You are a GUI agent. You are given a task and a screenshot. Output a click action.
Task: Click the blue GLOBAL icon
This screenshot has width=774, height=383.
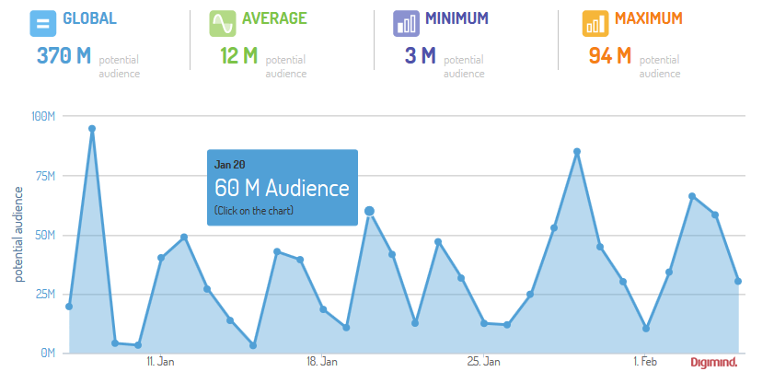[x=43, y=23]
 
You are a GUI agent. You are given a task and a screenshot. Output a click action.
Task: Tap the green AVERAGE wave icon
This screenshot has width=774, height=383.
[x=222, y=23]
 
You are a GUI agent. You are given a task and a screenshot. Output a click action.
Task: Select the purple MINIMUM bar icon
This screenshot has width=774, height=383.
[x=406, y=23]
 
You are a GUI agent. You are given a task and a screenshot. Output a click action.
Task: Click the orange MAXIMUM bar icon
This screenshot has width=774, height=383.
[x=595, y=23]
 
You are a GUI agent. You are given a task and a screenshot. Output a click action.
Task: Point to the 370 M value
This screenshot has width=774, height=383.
[x=64, y=56]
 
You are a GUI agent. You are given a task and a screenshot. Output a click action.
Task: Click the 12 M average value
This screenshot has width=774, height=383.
[x=239, y=56]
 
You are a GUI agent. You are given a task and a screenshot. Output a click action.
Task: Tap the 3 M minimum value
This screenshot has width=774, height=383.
[x=420, y=56]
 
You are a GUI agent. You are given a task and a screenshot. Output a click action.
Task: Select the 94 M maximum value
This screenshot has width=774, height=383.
[x=609, y=56]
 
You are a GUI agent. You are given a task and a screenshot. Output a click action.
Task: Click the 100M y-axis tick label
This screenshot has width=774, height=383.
[x=44, y=116]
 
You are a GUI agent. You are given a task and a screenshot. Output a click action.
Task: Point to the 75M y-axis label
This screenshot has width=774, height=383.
[x=46, y=176]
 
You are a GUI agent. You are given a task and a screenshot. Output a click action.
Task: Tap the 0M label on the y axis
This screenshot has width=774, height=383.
[x=49, y=353]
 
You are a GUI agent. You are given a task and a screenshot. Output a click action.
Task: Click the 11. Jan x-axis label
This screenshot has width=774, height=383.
[x=160, y=363]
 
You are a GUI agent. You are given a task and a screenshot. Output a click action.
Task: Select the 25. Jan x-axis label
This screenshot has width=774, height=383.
[x=484, y=363]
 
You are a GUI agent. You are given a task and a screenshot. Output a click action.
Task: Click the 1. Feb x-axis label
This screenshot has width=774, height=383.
[x=645, y=363]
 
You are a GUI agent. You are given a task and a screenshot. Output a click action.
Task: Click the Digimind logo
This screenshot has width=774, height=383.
[x=714, y=363]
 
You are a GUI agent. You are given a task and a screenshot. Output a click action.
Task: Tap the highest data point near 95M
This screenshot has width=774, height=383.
[x=92, y=129]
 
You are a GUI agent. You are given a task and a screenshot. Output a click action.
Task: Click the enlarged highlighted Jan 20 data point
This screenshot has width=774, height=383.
[x=369, y=211]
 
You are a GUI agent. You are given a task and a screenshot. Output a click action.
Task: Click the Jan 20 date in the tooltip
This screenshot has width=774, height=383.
[x=230, y=164]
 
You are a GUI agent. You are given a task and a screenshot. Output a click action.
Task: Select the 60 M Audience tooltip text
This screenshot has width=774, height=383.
[x=282, y=189]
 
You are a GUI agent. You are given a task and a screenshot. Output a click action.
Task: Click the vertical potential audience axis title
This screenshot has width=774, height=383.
[x=18, y=234]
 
